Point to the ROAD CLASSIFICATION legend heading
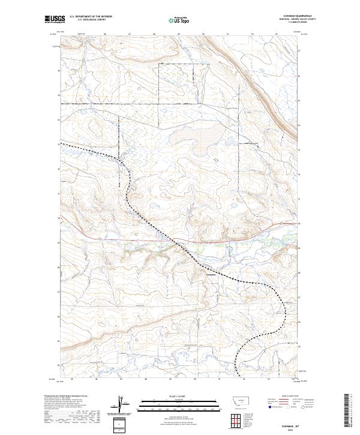pos(289,396)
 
